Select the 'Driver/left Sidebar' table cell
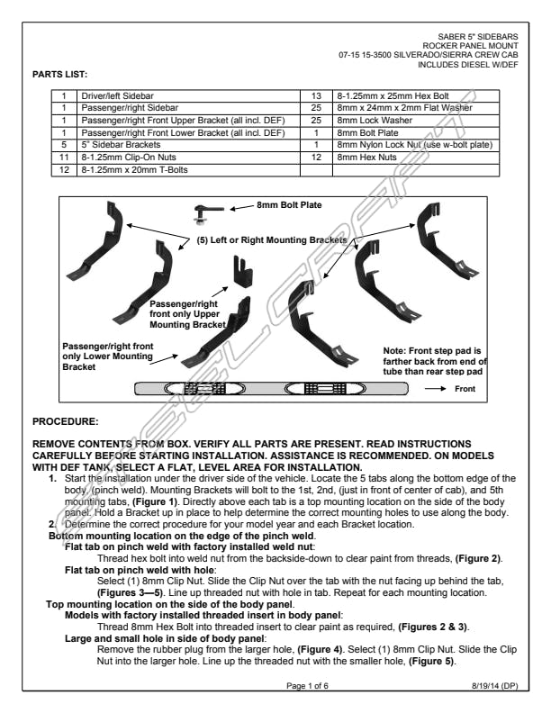point(113,95)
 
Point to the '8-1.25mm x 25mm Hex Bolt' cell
point(391,95)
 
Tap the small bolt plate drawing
point(205,212)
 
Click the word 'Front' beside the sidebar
point(465,389)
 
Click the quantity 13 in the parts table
point(316,95)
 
